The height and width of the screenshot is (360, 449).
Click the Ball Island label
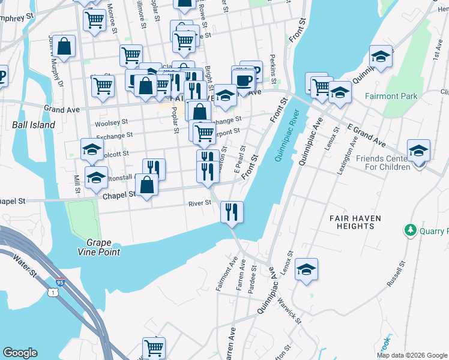(34, 125)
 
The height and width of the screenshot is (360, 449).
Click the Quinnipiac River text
(287, 136)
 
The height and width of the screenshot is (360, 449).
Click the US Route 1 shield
(53, 292)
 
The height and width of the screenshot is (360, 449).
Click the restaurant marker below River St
(231, 211)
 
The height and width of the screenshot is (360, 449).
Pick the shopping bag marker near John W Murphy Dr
(64, 46)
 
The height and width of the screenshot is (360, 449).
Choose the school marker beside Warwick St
(306, 269)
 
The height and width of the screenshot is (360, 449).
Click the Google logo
(20, 353)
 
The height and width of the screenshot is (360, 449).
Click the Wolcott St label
(96, 153)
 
